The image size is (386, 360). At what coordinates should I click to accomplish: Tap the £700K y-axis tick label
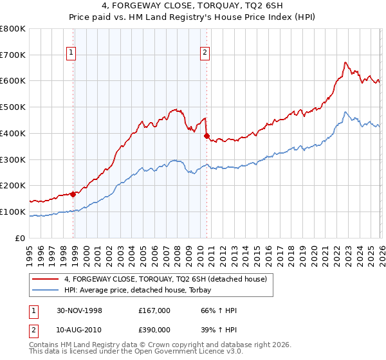[x=13, y=55]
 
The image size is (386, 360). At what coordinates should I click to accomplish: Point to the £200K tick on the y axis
[x=13, y=185]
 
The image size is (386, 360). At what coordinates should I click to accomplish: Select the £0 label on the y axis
[x=21, y=238]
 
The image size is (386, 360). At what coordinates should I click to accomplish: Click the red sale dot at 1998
[x=73, y=194]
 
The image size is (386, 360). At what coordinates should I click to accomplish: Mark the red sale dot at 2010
[x=207, y=136]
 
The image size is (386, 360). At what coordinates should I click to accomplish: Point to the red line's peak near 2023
[x=345, y=62]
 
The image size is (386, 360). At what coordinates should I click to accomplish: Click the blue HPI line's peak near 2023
[x=345, y=113]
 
